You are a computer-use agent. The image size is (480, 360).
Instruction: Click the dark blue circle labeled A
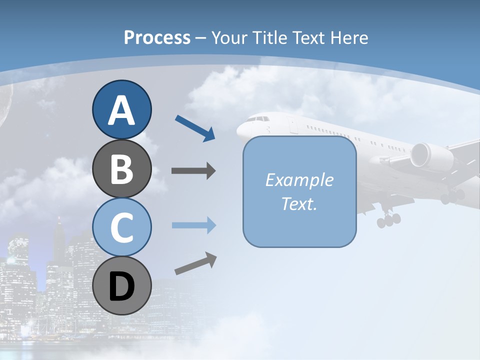pyautogui.click(x=121, y=109)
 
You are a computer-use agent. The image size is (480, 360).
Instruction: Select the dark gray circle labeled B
pyautogui.click(x=121, y=168)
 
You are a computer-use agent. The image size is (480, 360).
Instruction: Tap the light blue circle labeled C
pyautogui.click(x=121, y=227)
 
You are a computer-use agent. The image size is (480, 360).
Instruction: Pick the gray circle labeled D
pyautogui.click(x=121, y=285)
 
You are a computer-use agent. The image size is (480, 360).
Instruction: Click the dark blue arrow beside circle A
pyautogui.click(x=195, y=128)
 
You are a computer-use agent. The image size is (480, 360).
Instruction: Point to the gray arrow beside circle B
pyautogui.click(x=193, y=171)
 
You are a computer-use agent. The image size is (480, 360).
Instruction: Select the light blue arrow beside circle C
pyautogui.click(x=193, y=225)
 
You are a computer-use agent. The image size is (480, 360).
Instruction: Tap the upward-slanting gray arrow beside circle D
pyautogui.click(x=195, y=263)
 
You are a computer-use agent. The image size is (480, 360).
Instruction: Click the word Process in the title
pyautogui.click(x=157, y=37)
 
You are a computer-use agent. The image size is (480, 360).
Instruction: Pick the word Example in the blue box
pyautogui.click(x=299, y=180)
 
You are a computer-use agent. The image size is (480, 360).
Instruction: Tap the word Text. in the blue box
pyautogui.click(x=299, y=203)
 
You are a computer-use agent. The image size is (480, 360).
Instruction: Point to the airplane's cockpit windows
pyautogui.click(x=257, y=119)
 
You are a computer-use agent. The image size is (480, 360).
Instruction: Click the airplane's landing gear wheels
pyautogui.click(x=389, y=219)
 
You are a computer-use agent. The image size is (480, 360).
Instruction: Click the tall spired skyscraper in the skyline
pyautogui.click(x=59, y=240)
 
